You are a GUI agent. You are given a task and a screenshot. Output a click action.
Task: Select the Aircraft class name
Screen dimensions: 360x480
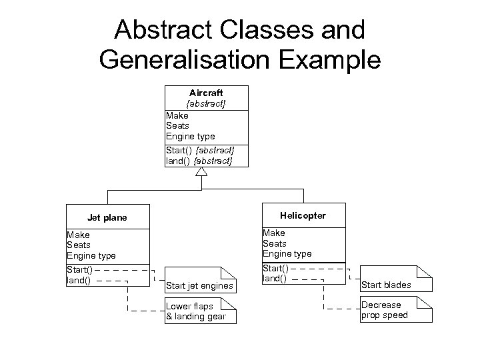tap(206, 93)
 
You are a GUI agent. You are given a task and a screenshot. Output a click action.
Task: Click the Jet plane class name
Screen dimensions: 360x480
tap(107, 217)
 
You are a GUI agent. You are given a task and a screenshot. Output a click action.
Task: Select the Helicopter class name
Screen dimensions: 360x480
tap(303, 215)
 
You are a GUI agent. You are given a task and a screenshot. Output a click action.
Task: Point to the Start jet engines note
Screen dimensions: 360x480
tap(200, 285)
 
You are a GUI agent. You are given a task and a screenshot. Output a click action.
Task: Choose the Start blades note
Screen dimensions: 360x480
tap(386, 285)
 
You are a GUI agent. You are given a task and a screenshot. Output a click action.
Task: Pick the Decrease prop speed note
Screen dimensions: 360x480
tap(386, 310)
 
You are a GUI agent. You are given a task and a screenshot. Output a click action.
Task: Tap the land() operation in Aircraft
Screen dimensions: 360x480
tap(177, 161)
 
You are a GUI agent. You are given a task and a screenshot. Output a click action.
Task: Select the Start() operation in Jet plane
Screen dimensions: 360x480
tap(79, 270)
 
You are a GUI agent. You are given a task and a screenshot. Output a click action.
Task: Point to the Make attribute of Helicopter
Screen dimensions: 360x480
tap(274, 233)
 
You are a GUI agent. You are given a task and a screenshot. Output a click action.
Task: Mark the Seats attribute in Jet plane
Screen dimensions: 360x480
tap(78, 245)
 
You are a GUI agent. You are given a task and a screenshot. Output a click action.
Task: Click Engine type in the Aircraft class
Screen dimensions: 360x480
tap(190, 136)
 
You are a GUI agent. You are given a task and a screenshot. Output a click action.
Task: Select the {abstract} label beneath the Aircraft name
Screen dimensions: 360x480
tap(206, 104)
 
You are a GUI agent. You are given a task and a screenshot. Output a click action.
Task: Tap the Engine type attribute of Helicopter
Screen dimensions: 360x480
tap(287, 253)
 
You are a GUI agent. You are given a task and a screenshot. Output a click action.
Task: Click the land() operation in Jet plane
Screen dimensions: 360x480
tap(78, 281)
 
